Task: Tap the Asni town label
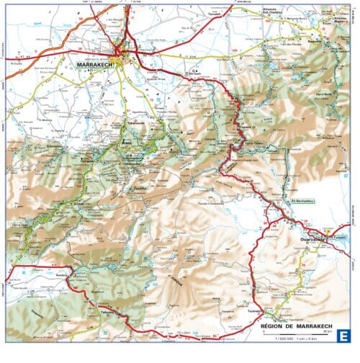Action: pos(127,143)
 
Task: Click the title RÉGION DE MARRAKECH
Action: pos(295,328)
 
